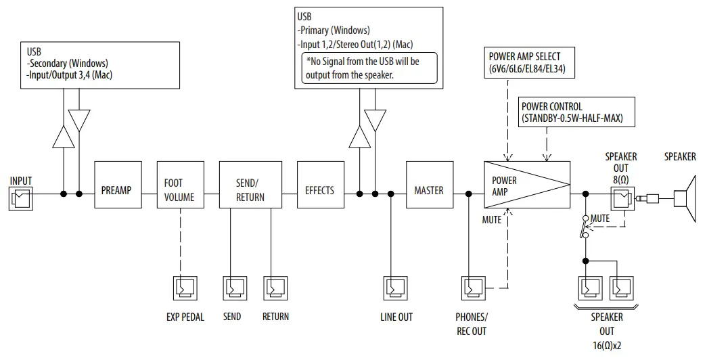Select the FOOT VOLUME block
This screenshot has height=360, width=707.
[179, 189]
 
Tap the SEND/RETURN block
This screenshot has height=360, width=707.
[250, 189]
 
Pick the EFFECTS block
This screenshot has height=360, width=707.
[319, 189]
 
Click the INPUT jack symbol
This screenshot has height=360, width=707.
[20, 198]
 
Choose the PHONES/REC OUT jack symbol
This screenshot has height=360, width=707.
[472, 289]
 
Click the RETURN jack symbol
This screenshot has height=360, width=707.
[275, 289]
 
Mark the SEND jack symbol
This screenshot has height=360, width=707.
[233, 289]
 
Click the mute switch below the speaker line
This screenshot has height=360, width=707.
[585, 227]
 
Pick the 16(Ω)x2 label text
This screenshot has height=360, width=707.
[606, 346]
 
